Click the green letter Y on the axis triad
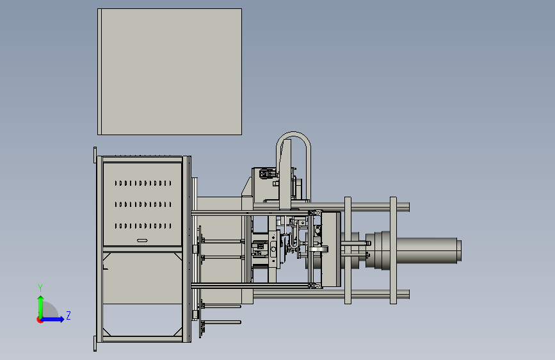(x=40, y=288)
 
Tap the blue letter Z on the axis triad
(x=68, y=315)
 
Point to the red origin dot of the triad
(x=40, y=320)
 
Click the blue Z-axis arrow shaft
(x=52, y=319)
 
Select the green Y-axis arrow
(x=41, y=307)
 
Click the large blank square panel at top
(x=170, y=72)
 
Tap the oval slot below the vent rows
(x=142, y=241)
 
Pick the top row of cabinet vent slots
(x=143, y=183)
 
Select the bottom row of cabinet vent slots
(x=143, y=225)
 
